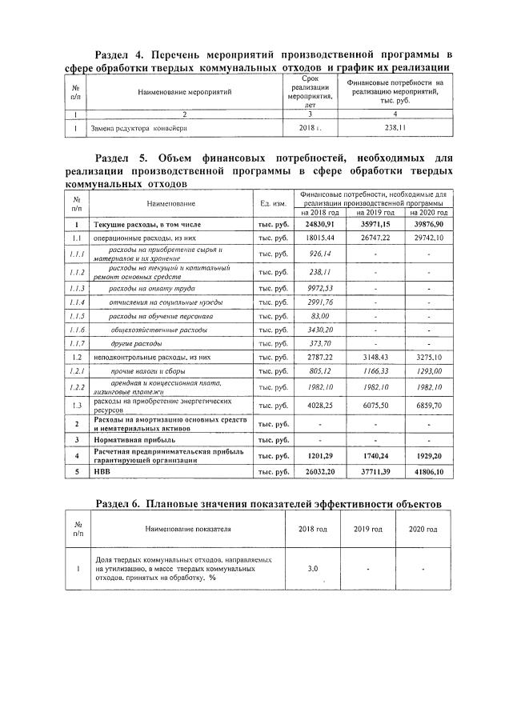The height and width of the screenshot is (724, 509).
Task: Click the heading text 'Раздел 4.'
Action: point(119,54)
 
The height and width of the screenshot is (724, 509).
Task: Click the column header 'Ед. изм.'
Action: point(275,206)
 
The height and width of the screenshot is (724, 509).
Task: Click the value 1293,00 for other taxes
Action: point(428,372)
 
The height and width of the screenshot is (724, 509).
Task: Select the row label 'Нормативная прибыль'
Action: point(134,439)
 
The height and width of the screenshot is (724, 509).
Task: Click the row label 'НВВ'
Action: point(103,473)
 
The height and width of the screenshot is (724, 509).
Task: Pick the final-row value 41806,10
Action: point(428,473)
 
